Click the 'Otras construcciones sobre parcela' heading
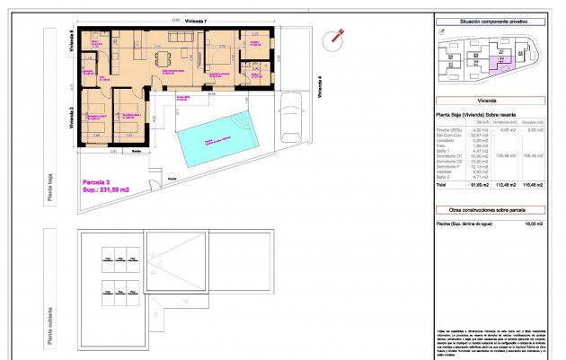point(486,209)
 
